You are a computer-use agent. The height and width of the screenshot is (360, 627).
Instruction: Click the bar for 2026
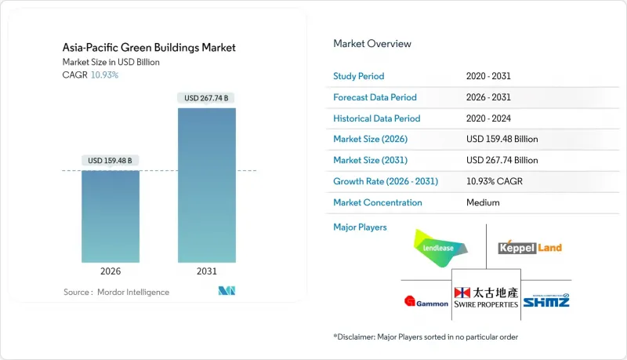pos(111,216)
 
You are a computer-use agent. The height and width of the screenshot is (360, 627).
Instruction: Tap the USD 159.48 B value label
pos(111,161)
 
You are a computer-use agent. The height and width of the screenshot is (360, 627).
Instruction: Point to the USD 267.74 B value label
pos(207,98)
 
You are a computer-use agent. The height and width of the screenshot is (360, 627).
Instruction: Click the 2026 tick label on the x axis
pos(111,271)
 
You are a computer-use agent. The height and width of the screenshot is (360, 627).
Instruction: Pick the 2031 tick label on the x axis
pos(207,271)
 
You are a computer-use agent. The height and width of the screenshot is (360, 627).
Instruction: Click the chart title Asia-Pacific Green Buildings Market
pos(149,48)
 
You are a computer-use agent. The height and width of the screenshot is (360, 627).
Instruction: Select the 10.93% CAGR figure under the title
pos(105,75)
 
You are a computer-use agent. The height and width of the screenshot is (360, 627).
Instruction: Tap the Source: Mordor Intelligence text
pos(116,293)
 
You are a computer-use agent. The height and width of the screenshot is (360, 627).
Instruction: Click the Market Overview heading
pos(371,44)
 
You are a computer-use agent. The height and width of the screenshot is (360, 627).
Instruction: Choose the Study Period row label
pos(360,76)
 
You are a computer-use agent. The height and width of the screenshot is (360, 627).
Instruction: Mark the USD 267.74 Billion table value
pos(502,160)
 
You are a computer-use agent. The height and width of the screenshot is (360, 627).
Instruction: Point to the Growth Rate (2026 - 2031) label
pos(386,181)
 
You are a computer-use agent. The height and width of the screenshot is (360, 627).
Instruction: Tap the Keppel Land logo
pos(530,248)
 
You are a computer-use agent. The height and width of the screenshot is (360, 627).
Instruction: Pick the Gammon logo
pos(425,300)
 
